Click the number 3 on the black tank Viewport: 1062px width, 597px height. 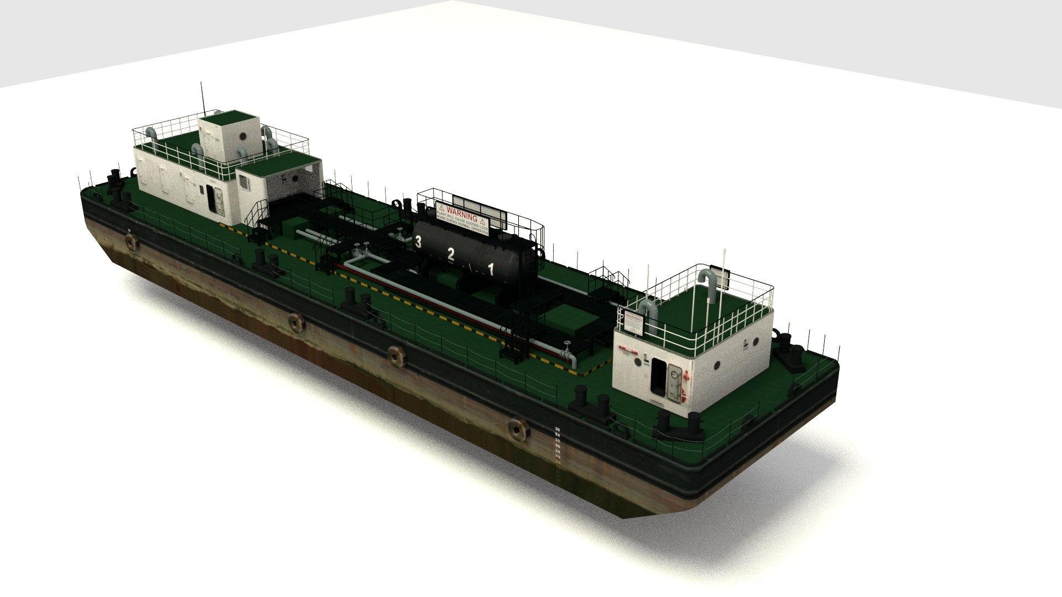418,242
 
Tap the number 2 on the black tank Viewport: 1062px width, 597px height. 451,254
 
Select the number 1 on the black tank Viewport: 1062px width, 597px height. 490,269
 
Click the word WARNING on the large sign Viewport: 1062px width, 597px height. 461,214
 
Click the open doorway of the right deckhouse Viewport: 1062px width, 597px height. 659,378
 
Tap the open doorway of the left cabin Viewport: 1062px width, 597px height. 212,200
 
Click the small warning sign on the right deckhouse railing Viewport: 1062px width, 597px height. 634,323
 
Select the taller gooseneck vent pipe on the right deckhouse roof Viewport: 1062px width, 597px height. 709,285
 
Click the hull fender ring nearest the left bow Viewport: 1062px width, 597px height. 131,242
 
